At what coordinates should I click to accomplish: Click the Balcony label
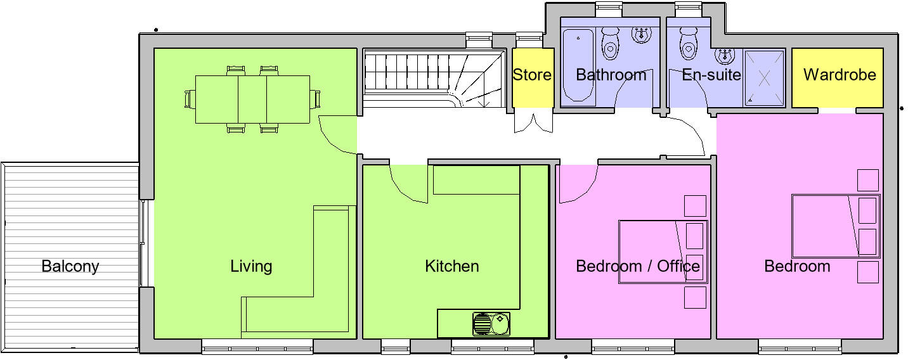[70, 266]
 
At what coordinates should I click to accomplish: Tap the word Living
[251, 266]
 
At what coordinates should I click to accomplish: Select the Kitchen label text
[451, 266]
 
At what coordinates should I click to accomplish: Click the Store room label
[532, 75]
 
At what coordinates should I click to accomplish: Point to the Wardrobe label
[840, 75]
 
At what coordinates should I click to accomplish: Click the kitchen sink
[491, 324]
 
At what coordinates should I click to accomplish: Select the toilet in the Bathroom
[611, 43]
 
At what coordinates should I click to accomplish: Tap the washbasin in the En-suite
[724, 56]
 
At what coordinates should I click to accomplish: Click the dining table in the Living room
[252, 99]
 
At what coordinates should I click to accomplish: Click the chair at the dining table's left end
[188, 100]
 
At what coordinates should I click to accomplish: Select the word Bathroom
[611, 75]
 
